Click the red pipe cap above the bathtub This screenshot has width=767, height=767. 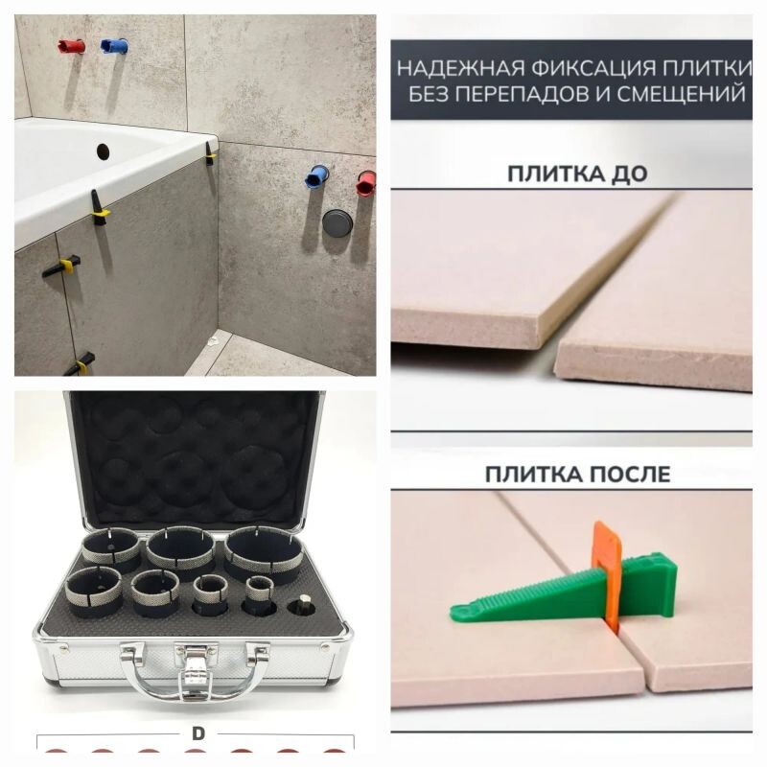tap(71, 46)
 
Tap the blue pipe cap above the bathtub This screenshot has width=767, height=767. tap(114, 46)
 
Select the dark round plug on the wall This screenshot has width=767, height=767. tap(337, 222)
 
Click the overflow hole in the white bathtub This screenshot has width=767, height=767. tap(103, 151)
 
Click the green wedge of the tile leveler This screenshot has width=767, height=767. tap(563, 592)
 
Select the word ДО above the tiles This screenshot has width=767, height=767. tap(630, 174)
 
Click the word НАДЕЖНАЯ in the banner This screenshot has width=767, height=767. tap(460, 68)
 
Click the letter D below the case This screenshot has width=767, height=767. tap(198, 733)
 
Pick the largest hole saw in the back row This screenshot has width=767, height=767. tap(264, 555)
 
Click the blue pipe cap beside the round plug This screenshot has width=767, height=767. tap(316, 176)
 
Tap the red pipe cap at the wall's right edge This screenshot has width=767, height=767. tap(365, 183)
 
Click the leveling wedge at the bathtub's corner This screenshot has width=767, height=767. tap(210, 153)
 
